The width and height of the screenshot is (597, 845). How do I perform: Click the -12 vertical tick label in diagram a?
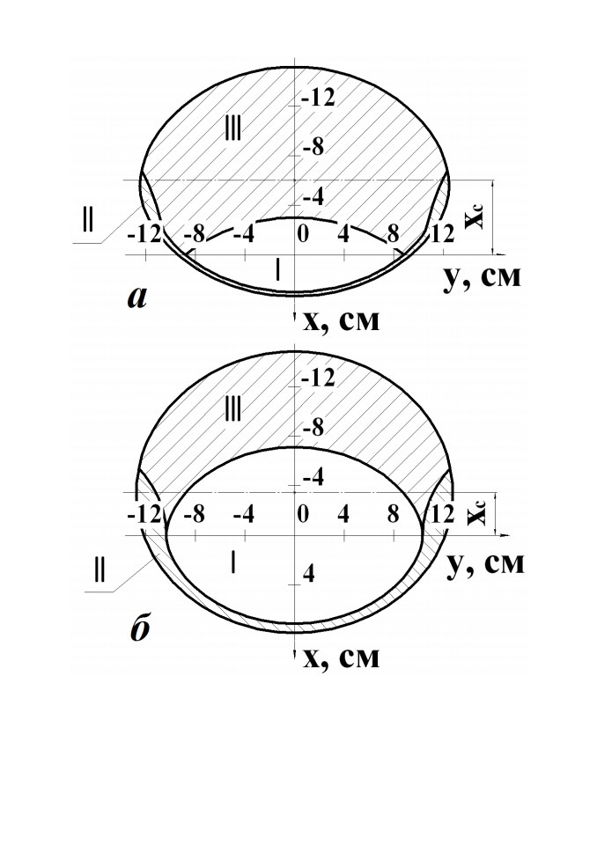click(318, 98)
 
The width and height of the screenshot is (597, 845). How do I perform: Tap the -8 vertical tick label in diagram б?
click(313, 429)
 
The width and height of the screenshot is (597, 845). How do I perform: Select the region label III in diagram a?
click(232, 129)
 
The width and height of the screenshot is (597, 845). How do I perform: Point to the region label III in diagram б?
click(232, 410)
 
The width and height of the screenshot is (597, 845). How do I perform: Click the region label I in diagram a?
click(277, 270)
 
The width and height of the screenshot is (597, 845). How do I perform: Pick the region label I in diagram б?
click(233, 562)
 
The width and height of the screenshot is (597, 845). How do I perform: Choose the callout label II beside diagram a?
click(87, 220)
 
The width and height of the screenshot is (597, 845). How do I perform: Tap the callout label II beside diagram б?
click(99, 570)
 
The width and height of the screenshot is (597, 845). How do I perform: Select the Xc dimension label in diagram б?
click(476, 512)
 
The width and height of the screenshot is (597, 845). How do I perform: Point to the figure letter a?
click(138, 298)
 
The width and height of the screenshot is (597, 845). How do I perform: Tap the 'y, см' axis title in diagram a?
click(483, 277)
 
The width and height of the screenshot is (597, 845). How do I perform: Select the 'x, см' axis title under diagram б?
click(342, 658)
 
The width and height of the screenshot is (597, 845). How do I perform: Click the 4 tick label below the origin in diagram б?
click(309, 575)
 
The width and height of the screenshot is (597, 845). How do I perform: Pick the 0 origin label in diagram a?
click(303, 235)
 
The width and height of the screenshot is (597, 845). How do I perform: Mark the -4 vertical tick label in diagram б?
click(313, 478)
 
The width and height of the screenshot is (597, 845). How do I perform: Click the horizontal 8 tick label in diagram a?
click(393, 234)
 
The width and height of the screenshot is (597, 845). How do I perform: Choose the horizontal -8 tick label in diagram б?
click(194, 515)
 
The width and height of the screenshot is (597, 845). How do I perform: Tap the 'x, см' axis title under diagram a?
click(342, 322)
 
